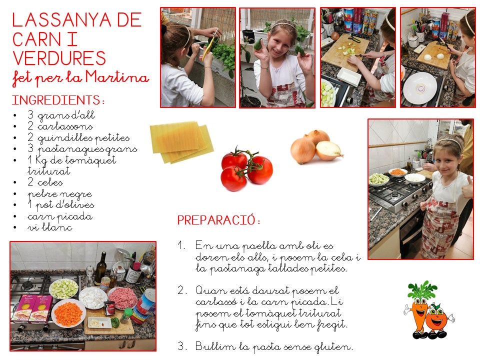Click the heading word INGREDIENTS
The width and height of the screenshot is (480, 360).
[56, 100]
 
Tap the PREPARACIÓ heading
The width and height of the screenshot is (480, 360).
[216, 220]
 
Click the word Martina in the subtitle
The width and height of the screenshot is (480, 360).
[117, 77]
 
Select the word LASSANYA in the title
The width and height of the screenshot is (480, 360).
[61, 20]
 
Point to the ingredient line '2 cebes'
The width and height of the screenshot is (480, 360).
[45, 182]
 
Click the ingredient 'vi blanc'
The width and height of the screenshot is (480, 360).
[50, 227]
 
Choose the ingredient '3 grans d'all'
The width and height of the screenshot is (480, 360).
[61, 115]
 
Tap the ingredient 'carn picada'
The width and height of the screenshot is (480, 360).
[59, 216]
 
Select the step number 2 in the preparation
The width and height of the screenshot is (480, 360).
[180, 290]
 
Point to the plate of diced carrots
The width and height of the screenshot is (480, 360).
[68, 313]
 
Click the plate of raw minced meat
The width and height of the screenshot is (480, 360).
[122, 298]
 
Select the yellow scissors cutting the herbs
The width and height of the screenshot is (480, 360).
[209, 46]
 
